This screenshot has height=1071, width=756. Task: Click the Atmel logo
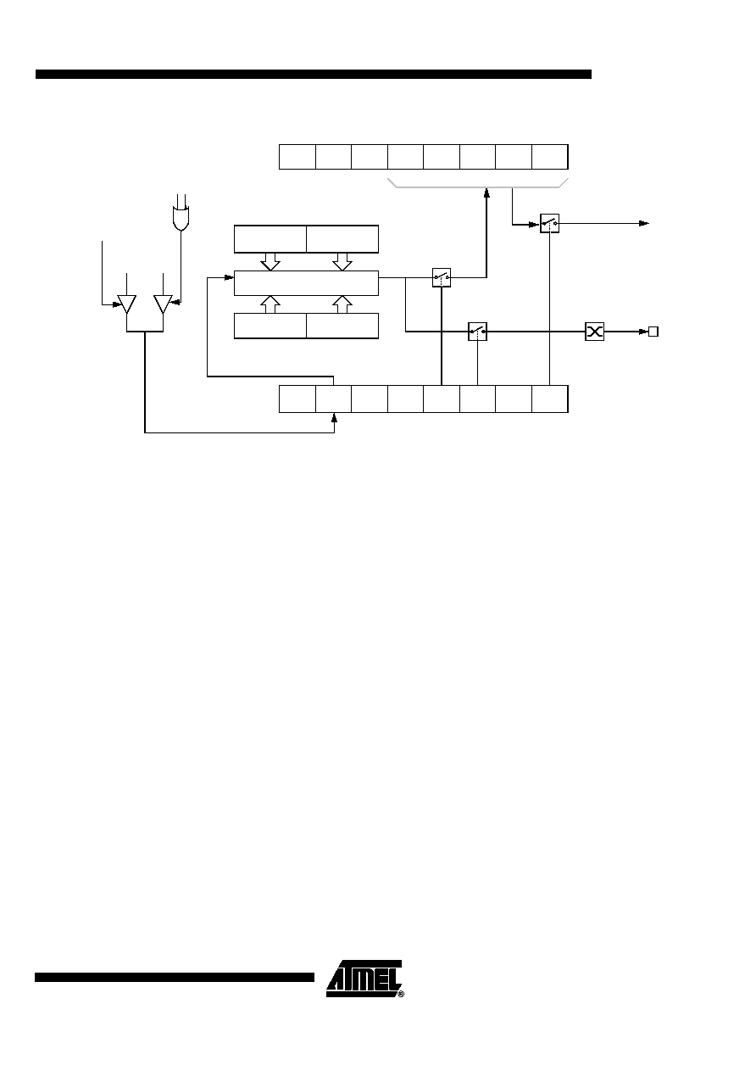[x=364, y=979]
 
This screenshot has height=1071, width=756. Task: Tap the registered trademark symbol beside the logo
[x=401, y=994]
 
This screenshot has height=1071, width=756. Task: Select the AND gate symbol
[x=181, y=219]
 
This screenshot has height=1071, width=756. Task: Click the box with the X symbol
[x=594, y=332]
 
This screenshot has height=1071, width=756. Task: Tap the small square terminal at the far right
[x=653, y=332]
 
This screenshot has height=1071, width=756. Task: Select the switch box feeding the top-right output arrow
[x=549, y=223]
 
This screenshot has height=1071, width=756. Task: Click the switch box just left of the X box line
[x=477, y=332]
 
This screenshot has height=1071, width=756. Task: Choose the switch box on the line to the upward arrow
[x=441, y=277]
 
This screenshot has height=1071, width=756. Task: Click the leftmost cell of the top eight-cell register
[x=297, y=157]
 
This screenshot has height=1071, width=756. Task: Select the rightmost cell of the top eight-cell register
[x=550, y=157]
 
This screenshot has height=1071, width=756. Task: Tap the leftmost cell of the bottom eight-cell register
[x=297, y=399]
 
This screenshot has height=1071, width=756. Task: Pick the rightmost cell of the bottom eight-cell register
[x=550, y=399]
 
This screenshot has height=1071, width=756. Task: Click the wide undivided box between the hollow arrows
[x=306, y=283]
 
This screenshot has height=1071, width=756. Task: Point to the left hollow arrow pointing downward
[x=270, y=261]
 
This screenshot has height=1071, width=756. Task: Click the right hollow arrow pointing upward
[x=342, y=304]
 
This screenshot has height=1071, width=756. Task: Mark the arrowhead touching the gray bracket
[x=486, y=192]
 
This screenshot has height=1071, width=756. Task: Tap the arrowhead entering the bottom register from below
[x=334, y=417]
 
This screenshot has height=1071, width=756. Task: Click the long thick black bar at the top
[x=314, y=74]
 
